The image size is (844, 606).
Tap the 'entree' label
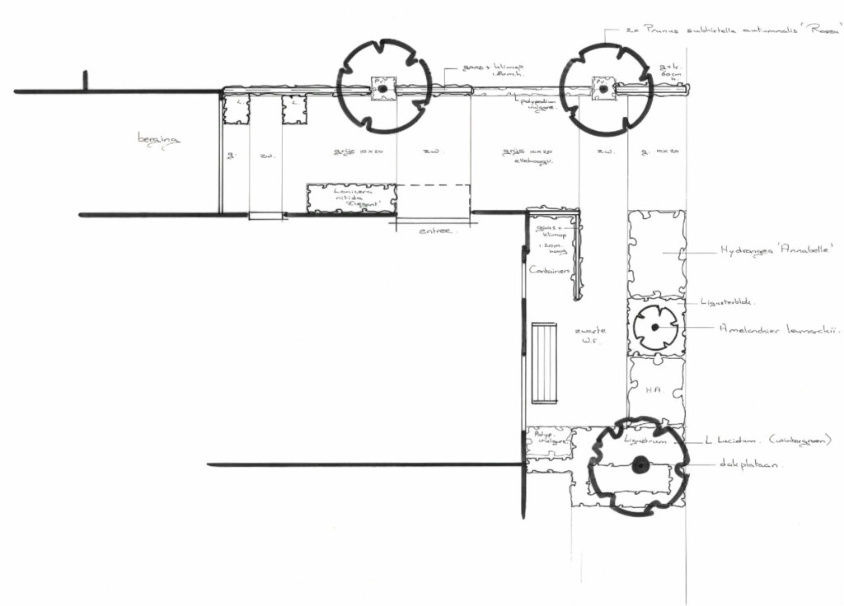[x=437, y=231]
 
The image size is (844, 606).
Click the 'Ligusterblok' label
[x=726, y=302]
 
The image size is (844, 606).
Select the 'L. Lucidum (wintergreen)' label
[x=767, y=441]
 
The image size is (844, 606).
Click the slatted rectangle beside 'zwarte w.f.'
[x=544, y=363]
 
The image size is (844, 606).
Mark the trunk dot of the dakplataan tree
[x=639, y=466]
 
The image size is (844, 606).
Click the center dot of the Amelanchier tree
[x=655, y=327]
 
